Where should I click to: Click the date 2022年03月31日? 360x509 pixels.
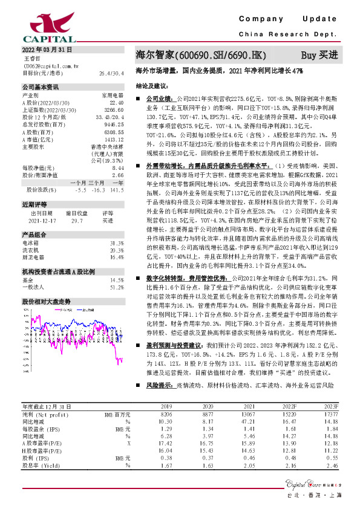click(x=47, y=49)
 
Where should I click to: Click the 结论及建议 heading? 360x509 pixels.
click(x=151, y=86)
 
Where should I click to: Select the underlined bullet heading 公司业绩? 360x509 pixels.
click(x=159, y=97)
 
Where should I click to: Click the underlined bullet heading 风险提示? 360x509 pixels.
click(x=159, y=384)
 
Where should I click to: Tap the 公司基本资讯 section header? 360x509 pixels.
click(x=41, y=86)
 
